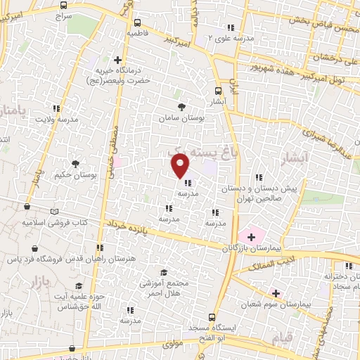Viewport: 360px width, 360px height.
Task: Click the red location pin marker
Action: pyautogui.click(x=181, y=165)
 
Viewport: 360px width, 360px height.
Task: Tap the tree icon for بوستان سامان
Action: pyautogui.click(x=183, y=107)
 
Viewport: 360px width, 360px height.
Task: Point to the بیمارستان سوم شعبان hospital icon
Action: pyautogui.click(x=276, y=292)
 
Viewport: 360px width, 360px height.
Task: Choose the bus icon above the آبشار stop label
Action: pyautogui.click(x=218, y=90)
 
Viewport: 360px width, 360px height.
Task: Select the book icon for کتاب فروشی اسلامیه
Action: pyautogui.click(x=55, y=210)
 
